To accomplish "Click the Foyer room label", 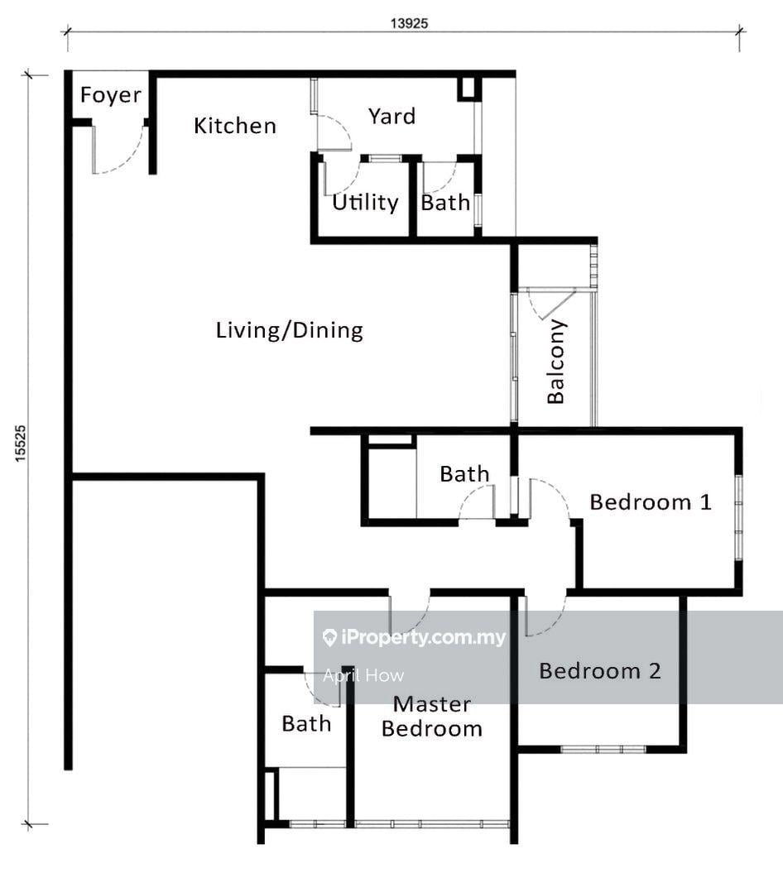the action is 111,95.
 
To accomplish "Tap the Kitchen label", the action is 235,126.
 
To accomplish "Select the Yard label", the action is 392,117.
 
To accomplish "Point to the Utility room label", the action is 365,202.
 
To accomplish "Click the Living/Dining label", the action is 290,330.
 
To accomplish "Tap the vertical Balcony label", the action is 555,362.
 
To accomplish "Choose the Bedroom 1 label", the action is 651,502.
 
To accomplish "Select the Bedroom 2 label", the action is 600,671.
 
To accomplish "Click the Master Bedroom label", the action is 431,717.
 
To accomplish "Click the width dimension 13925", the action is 410,23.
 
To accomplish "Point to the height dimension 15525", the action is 21,444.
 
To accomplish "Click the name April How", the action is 363,675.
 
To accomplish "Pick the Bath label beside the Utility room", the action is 445,203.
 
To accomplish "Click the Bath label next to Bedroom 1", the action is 464,474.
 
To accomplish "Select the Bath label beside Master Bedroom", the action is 306,724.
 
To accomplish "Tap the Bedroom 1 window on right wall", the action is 738,517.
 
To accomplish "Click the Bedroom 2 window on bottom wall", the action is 603,750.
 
